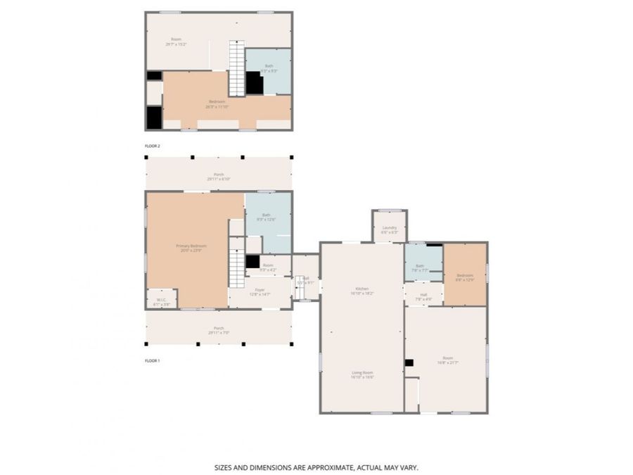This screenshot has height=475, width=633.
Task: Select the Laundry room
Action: pos(389,229)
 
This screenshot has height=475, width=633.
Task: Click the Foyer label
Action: pos(260,291)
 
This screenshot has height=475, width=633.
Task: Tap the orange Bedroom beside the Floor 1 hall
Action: pos(465,277)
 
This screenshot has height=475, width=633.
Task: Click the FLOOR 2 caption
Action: pos(153,146)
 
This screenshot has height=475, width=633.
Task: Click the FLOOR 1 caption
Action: pos(153,360)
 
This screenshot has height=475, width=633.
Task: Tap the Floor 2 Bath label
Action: pos(269,68)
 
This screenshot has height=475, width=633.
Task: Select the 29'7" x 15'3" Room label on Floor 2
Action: pos(176,42)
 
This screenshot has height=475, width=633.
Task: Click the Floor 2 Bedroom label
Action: pos(217,104)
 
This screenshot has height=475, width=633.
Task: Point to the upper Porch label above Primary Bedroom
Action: pos(219,176)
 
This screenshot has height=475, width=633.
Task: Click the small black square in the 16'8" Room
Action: pos(408,363)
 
